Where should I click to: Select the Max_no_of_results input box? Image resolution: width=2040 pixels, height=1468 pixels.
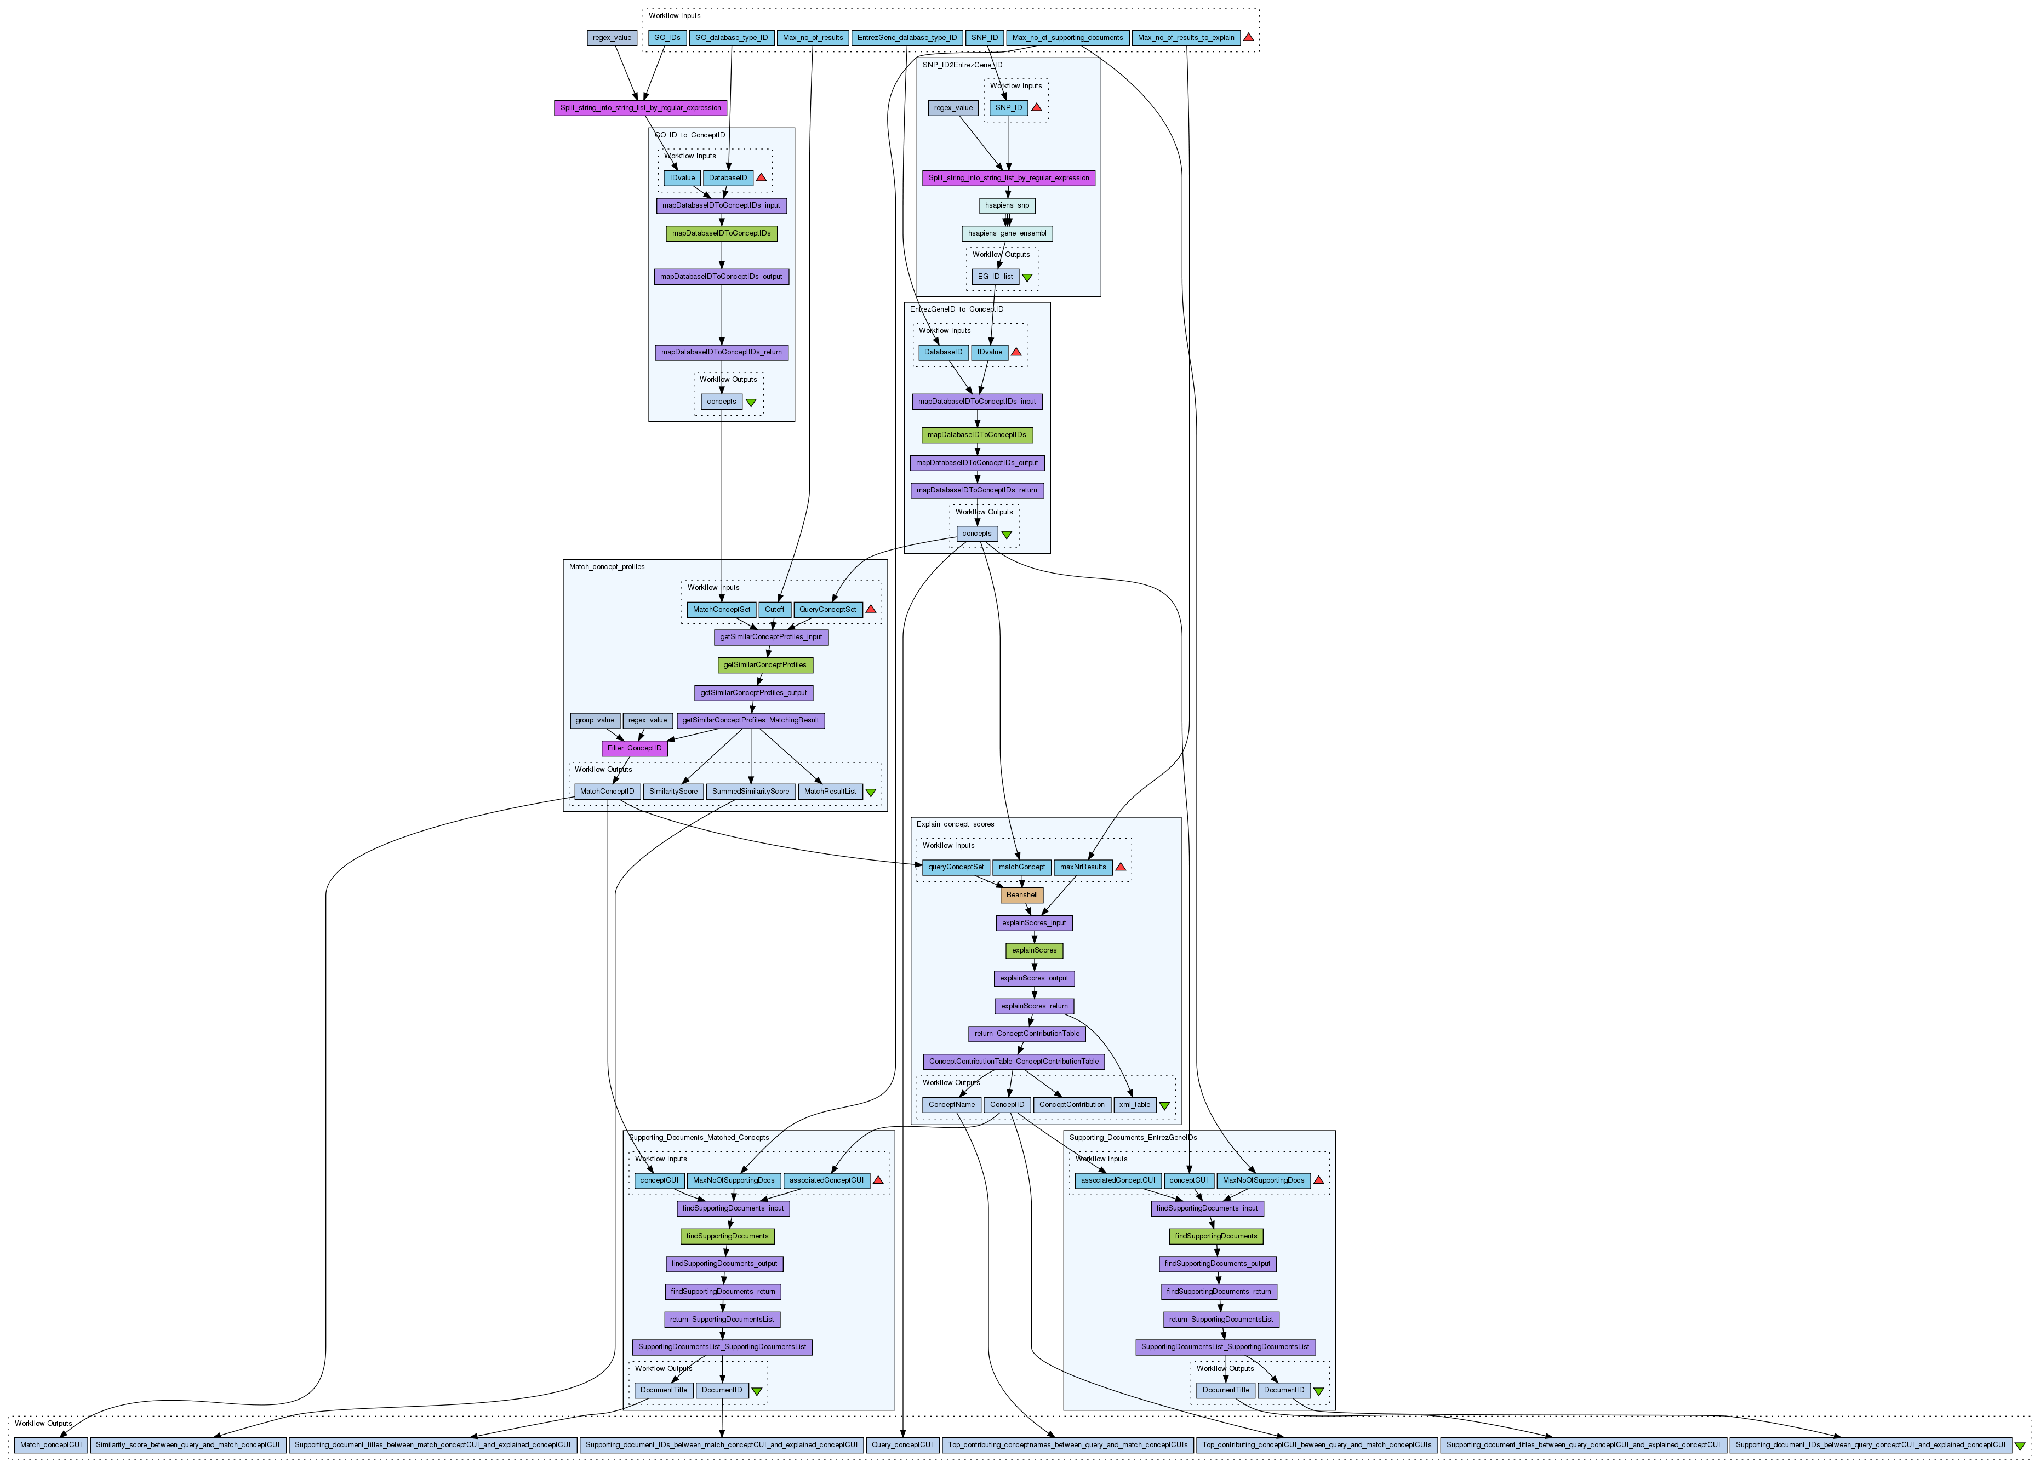click(812, 38)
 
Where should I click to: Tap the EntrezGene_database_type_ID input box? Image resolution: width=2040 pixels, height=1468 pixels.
click(907, 38)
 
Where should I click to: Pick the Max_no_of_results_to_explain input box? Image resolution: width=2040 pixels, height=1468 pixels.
click(1186, 38)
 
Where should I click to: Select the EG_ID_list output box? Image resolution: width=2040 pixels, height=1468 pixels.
click(995, 277)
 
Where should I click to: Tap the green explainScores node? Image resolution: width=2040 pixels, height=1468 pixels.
click(1033, 950)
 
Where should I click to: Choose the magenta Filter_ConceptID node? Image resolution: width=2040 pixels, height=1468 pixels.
click(634, 748)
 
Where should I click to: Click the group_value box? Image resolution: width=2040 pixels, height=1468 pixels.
click(595, 720)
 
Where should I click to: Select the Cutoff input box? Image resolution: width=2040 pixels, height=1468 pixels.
click(774, 610)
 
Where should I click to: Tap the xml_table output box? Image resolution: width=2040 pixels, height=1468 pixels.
click(1134, 1105)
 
